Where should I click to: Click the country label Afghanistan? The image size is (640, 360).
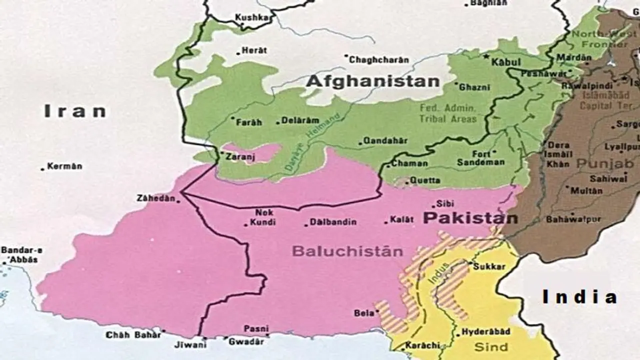click(x=372, y=81)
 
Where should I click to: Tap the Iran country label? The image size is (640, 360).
click(x=75, y=111)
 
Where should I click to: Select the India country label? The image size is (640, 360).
click(x=579, y=297)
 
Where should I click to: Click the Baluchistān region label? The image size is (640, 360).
click(x=347, y=251)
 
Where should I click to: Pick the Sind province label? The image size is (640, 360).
click(x=491, y=347)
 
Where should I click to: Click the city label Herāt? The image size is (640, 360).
click(x=254, y=50)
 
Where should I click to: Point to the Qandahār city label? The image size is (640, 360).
click(x=385, y=141)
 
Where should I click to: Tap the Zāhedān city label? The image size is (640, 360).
click(x=155, y=198)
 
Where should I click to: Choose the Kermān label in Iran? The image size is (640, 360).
click(x=64, y=166)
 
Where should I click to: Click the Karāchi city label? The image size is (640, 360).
click(x=422, y=345)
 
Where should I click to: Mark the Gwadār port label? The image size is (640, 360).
click(x=245, y=341)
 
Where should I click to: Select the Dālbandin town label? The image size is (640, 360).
click(x=333, y=222)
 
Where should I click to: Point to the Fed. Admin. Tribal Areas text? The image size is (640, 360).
click(x=448, y=113)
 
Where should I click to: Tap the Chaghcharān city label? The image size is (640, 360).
click(x=378, y=60)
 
